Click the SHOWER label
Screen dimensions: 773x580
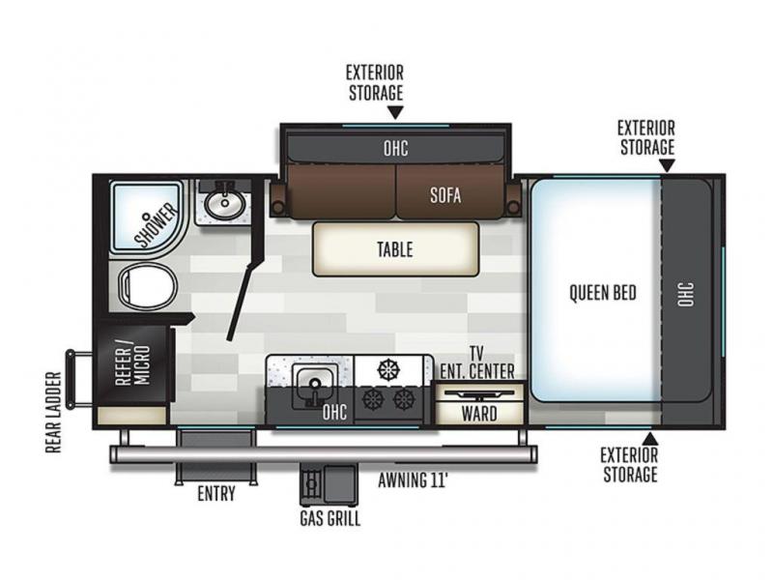(156, 224)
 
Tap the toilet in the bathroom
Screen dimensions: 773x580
(148, 286)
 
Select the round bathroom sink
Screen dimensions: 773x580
(225, 202)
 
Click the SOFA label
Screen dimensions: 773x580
(445, 195)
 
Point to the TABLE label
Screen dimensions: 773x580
(395, 249)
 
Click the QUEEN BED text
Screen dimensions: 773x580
(602, 293)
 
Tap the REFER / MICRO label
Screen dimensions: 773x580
(132, 363)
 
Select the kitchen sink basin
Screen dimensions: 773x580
(315, 385)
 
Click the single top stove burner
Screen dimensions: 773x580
(389, 369)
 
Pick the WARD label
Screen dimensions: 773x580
(479, 414)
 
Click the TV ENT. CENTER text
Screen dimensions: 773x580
(476, 362)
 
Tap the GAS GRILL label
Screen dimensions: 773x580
(329, 518)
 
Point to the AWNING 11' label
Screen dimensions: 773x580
(414, 479)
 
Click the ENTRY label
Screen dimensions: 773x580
(215, 493)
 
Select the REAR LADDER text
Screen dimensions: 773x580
(53, 413)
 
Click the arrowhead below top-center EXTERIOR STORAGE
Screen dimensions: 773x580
(395, 112)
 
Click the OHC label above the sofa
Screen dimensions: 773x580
(395, 148)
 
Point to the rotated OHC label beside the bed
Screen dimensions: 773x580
(686, 294)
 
